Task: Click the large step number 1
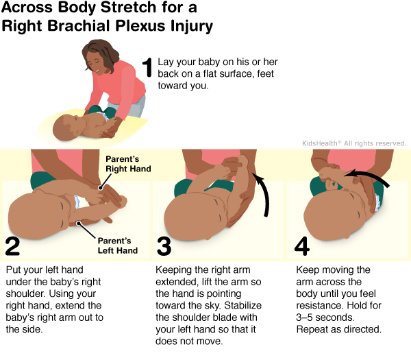pyautogui.click(x=146, y=69)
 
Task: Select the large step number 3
pyautogui.click(x=163, y=245)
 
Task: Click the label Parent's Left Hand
pyautogui.click(x=115, y=245)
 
